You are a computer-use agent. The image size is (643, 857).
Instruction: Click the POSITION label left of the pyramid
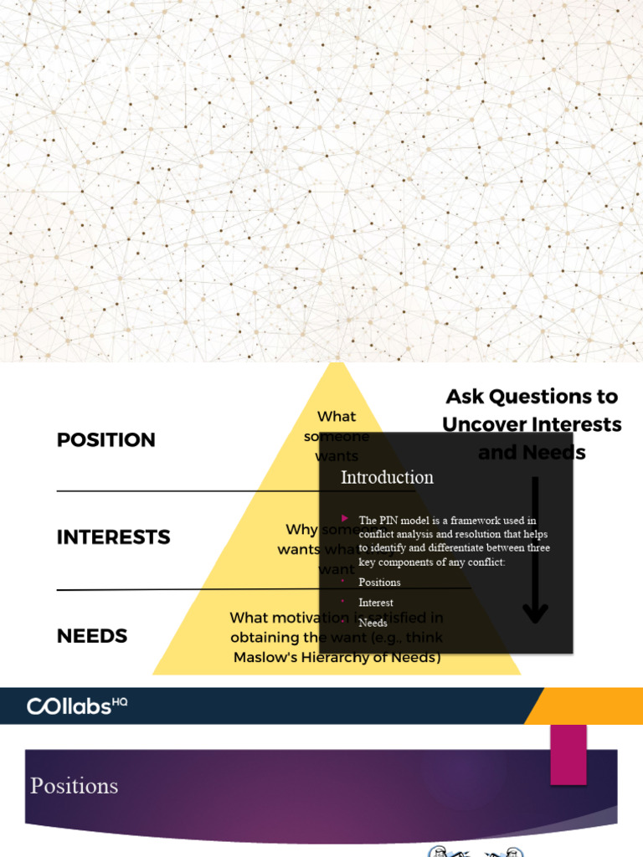(x=106, y=440)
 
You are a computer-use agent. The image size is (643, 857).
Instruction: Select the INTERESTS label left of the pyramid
(x=113, y=537)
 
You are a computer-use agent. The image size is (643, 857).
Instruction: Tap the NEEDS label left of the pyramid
(x=92, y=636)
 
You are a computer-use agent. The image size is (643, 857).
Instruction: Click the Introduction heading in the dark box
(x=387, y=477)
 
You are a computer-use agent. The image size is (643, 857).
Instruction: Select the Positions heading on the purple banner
(x=74, y=786)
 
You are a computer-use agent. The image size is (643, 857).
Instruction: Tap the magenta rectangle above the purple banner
(x=568, y=754)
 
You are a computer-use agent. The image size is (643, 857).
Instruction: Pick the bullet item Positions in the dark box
(x=379, y=582)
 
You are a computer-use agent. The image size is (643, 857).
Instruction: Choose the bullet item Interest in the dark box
(x=376, y=603)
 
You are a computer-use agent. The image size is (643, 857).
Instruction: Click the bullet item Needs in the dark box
(x=373, y=623)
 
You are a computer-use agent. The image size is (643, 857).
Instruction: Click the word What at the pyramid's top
(x=337, y=416)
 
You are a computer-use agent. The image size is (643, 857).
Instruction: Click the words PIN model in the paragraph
(x=403, y=521)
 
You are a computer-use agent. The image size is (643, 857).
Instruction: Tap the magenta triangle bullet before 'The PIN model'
(x=345, y=519)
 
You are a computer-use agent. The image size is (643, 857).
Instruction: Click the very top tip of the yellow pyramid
(x=337, y=364)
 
